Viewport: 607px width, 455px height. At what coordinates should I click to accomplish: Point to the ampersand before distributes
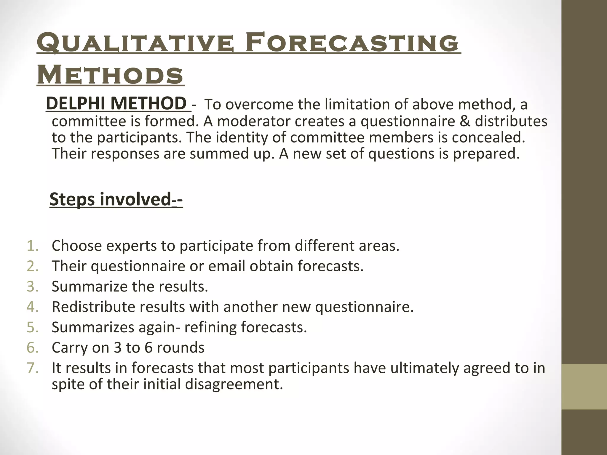pyautogui.click(x=464, y=121)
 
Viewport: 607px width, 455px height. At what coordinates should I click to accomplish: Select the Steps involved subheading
pyautogui.click(x=116, y=199)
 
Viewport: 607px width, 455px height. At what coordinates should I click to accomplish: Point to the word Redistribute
pyautogui.click(x=93, y=307)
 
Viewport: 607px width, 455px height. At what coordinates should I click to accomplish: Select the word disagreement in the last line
pyautogui.click(x=234, y=384)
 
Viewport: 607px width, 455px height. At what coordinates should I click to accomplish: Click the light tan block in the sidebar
pyautogui.click(x=584, y=387)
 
